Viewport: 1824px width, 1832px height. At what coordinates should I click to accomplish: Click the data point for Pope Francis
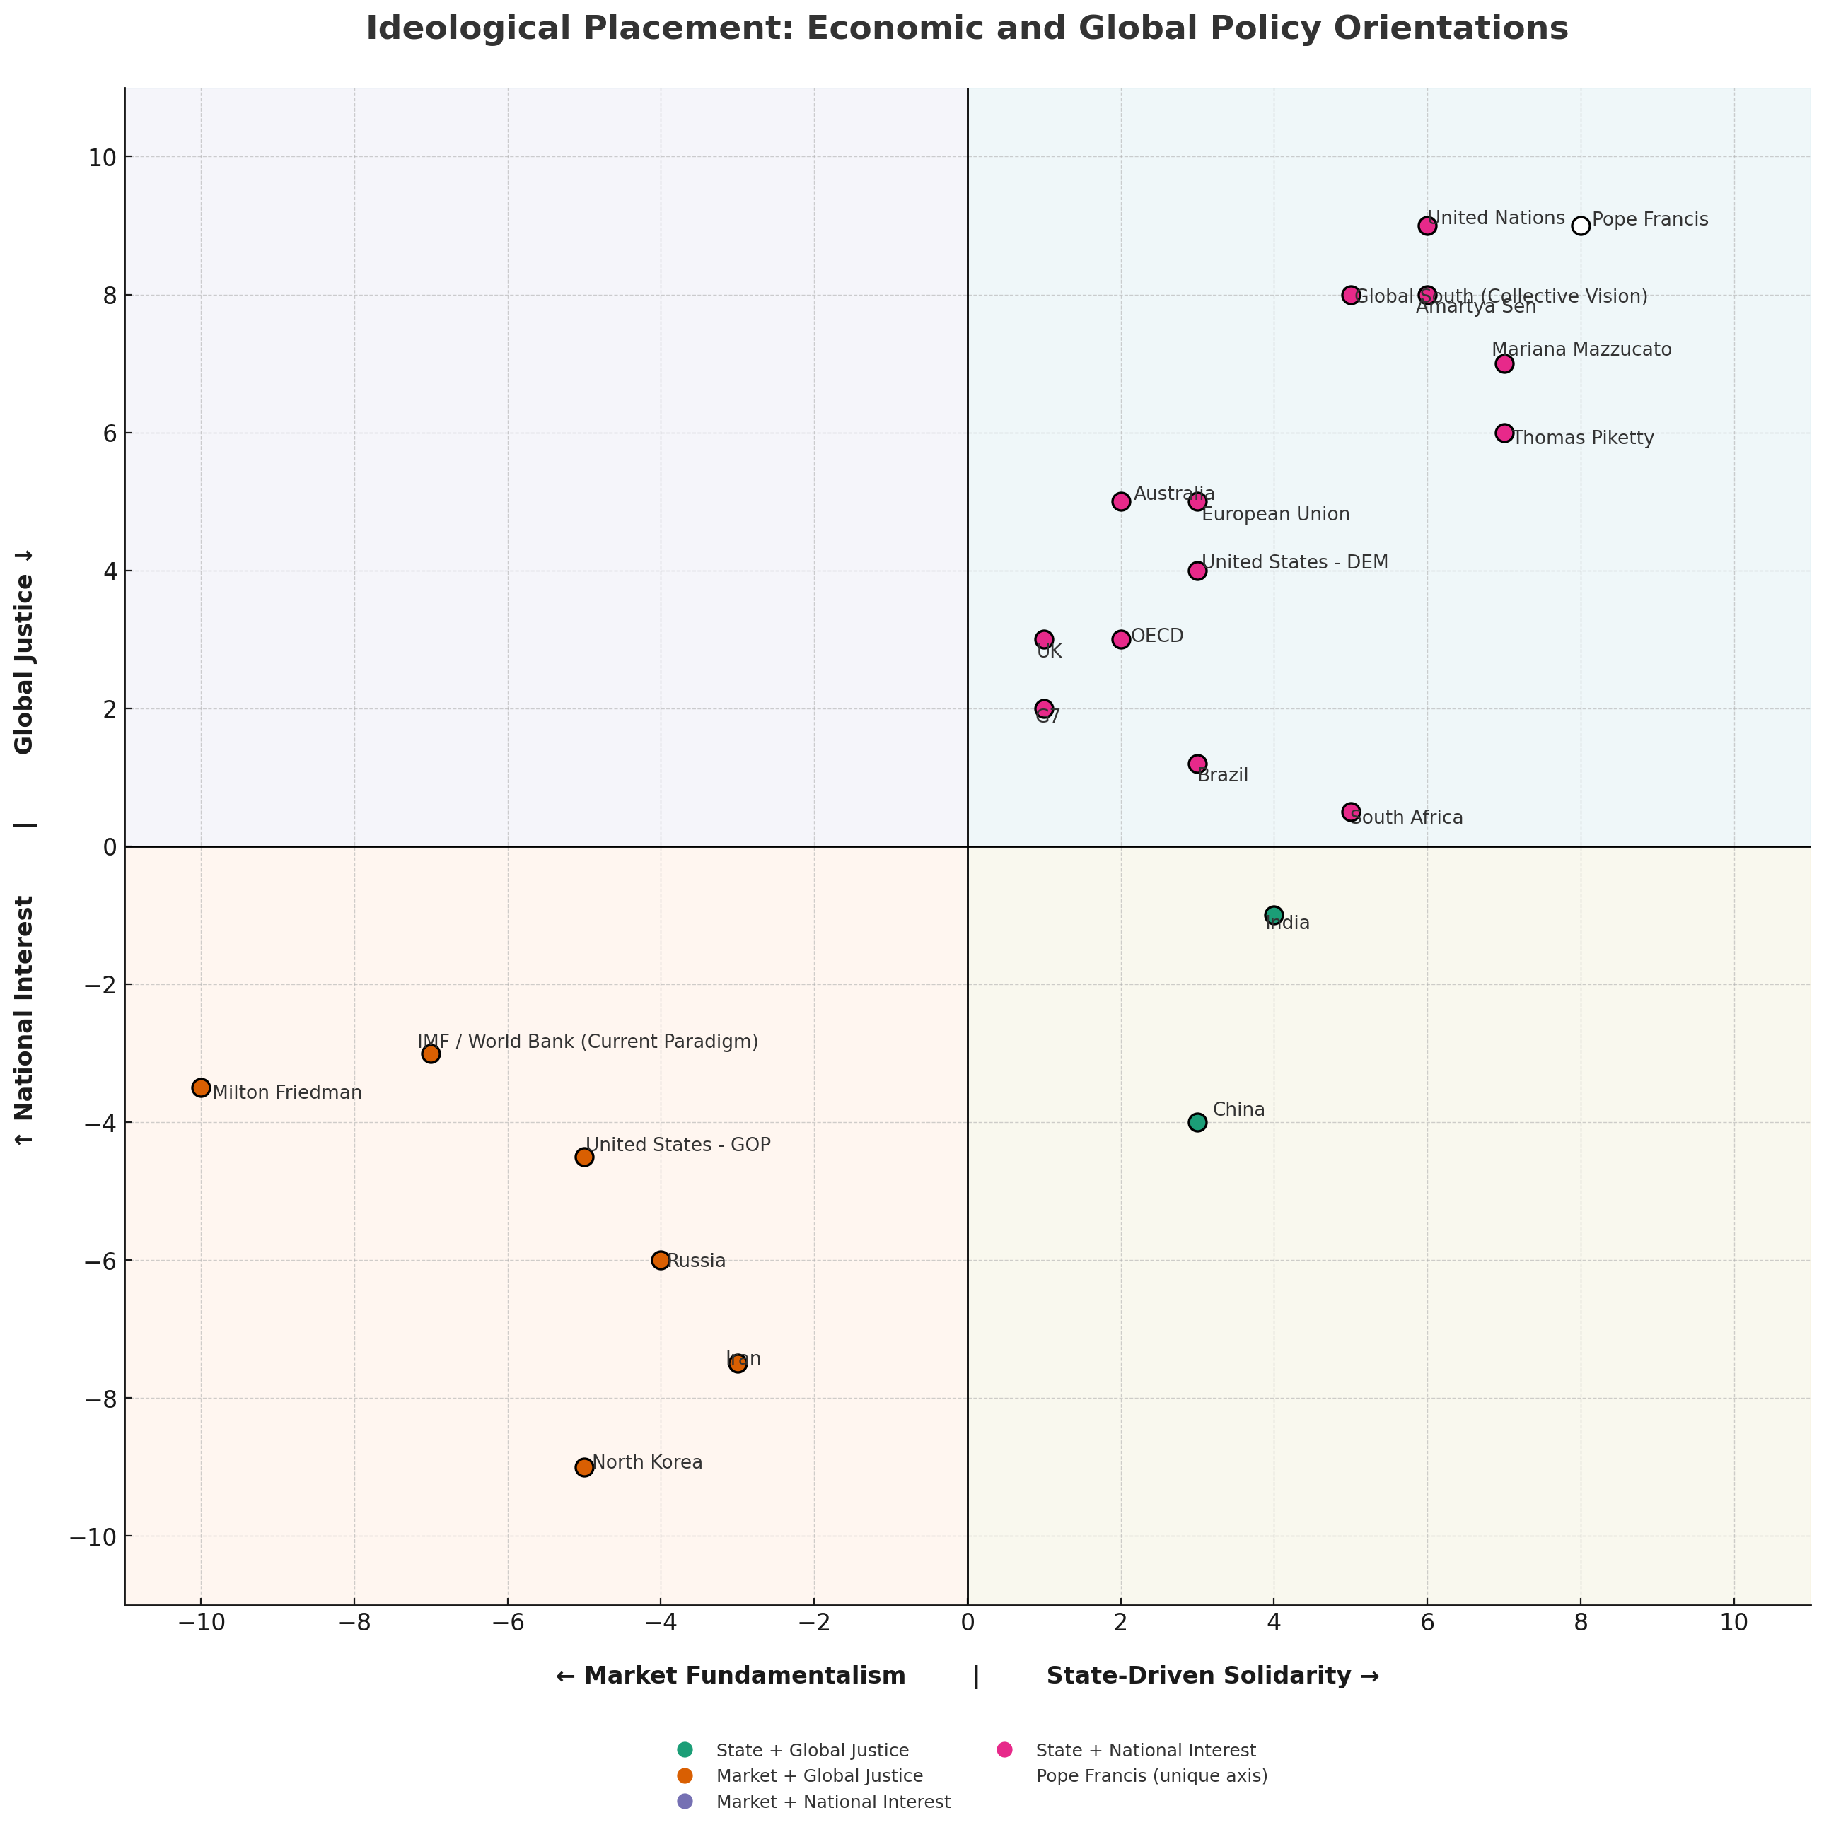click(1580, 226)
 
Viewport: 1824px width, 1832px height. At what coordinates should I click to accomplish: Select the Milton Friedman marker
click(201, 1087)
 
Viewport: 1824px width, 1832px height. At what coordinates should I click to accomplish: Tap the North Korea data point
click(584, 1467)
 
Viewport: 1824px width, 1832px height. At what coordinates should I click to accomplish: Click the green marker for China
click(1197, 1122)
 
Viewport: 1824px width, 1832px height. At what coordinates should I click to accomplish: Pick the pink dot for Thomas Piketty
click(1504, 433)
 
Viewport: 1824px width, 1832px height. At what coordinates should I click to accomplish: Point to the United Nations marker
click(1427, 226)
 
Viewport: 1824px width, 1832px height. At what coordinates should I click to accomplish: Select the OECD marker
click(1120, 639)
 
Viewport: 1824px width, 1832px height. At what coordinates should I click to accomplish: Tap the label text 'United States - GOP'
click(678, 1145)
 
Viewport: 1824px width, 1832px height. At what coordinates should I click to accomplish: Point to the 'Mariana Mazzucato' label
click(1581, 350)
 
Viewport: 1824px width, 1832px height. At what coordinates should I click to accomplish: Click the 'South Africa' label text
click(1406, 817)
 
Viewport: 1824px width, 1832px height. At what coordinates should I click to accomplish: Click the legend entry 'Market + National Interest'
click(833, 1802)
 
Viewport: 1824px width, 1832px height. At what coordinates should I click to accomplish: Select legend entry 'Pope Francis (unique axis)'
click(1151, 1776)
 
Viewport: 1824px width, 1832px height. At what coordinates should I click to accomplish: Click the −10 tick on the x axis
click(200, 1623)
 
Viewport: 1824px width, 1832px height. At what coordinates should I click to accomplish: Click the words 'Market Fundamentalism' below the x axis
click(743, 1676)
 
